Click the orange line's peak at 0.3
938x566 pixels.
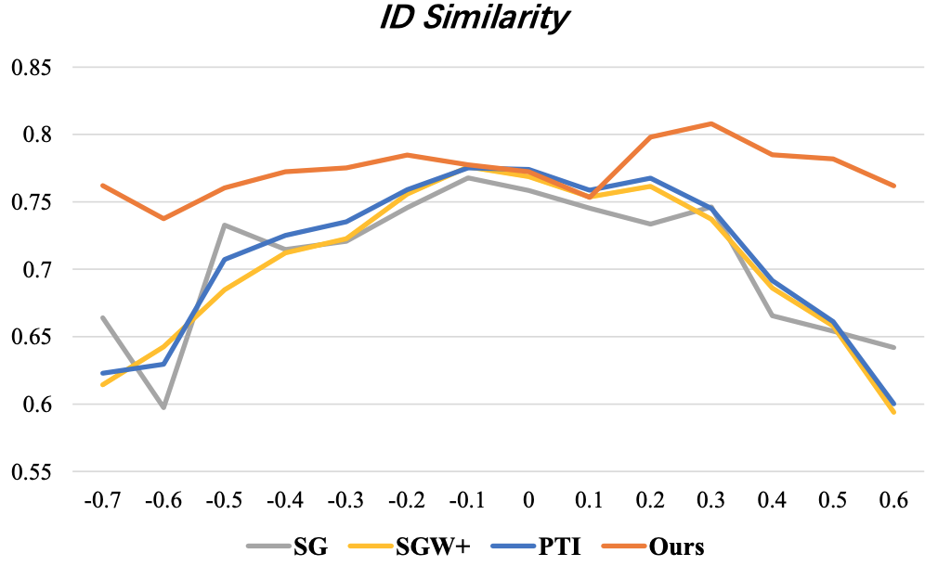(x=710, y=123)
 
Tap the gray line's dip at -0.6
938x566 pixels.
(x=163, y=407)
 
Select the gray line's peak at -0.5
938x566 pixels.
(x=225, y=225)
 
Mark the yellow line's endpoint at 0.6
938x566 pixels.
(x=893, y=412)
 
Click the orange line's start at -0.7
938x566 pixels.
(x=102, y=186)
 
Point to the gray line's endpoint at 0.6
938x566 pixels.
(x=893, y=347)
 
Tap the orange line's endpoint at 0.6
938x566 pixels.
(x=893, y=186)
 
